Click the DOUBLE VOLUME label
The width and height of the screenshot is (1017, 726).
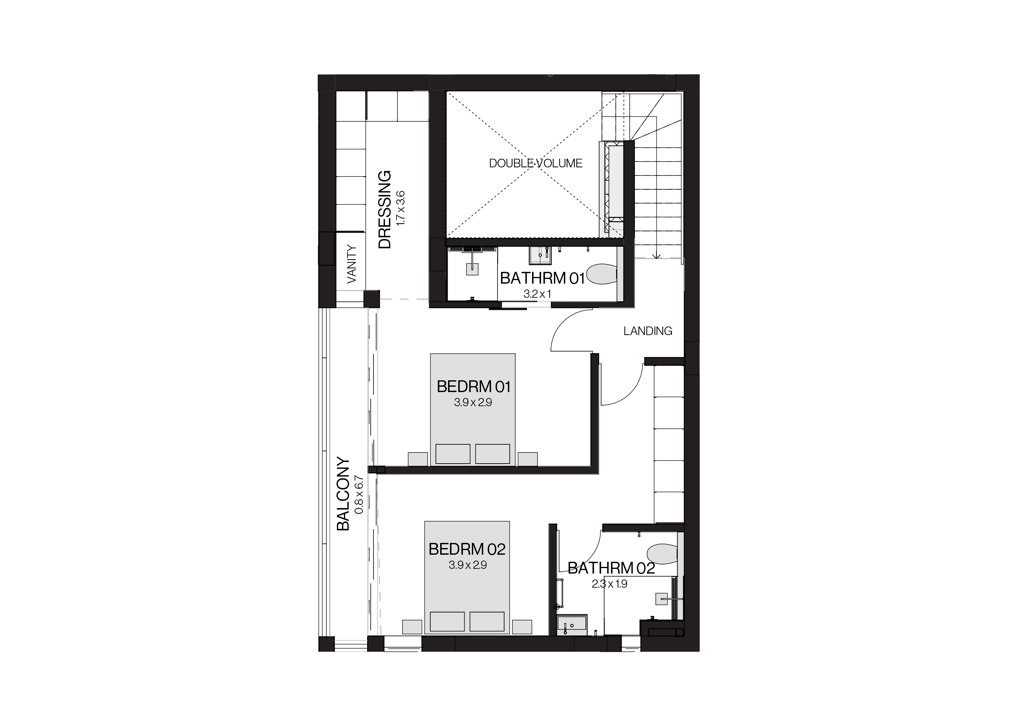coord(535,163)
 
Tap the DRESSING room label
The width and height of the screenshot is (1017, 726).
coord(385,209)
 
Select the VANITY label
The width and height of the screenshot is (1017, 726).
coord(352,264)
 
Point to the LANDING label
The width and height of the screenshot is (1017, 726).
coord(648,331)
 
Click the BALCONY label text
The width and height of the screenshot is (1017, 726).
coord(343,493)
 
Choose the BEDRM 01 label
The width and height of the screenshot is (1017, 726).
coord(473,387)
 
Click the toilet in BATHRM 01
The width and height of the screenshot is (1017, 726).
coord(602,274)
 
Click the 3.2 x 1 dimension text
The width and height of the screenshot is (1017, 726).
coord(537,294)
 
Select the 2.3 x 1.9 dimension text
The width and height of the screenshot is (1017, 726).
coord(609,584)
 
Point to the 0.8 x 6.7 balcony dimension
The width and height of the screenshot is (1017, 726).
coord(359,495)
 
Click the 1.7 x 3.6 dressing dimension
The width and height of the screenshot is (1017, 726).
coord(401,208)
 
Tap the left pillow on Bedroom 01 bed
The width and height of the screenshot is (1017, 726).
coord(453,454)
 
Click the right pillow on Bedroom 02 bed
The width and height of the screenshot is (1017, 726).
coord(487,621)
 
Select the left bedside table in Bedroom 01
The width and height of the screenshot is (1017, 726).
coord(418,459)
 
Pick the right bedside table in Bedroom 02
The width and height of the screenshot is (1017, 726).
coord(522,627)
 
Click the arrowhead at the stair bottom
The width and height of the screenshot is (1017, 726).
coord(656,256)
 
